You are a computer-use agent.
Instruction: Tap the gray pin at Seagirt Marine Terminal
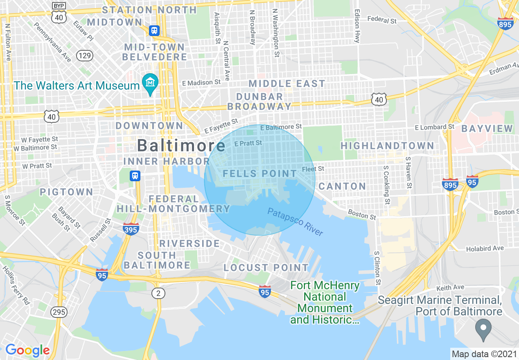(483, 329)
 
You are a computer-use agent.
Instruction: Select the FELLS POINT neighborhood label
(259, 174)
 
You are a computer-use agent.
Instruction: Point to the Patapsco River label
(295, 222)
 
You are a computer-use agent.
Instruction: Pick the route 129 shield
(85, 56)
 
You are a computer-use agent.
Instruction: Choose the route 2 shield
(158, 293)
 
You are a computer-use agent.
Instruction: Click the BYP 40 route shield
(58, 13)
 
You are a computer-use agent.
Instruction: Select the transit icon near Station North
(154, 30)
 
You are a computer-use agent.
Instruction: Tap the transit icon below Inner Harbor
(135, 176)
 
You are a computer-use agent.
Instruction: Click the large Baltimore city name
(181, 145)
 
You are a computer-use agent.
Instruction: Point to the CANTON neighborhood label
(342, 187)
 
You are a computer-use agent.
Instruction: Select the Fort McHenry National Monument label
(325, 302)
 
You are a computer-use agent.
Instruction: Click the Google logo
(27, 350)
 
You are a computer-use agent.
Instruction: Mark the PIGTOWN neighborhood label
(66, 192)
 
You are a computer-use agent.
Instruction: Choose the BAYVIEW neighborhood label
(487, 128)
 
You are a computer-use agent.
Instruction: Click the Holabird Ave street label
(485, 248)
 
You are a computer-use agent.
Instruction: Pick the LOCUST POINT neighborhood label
(266, 268)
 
